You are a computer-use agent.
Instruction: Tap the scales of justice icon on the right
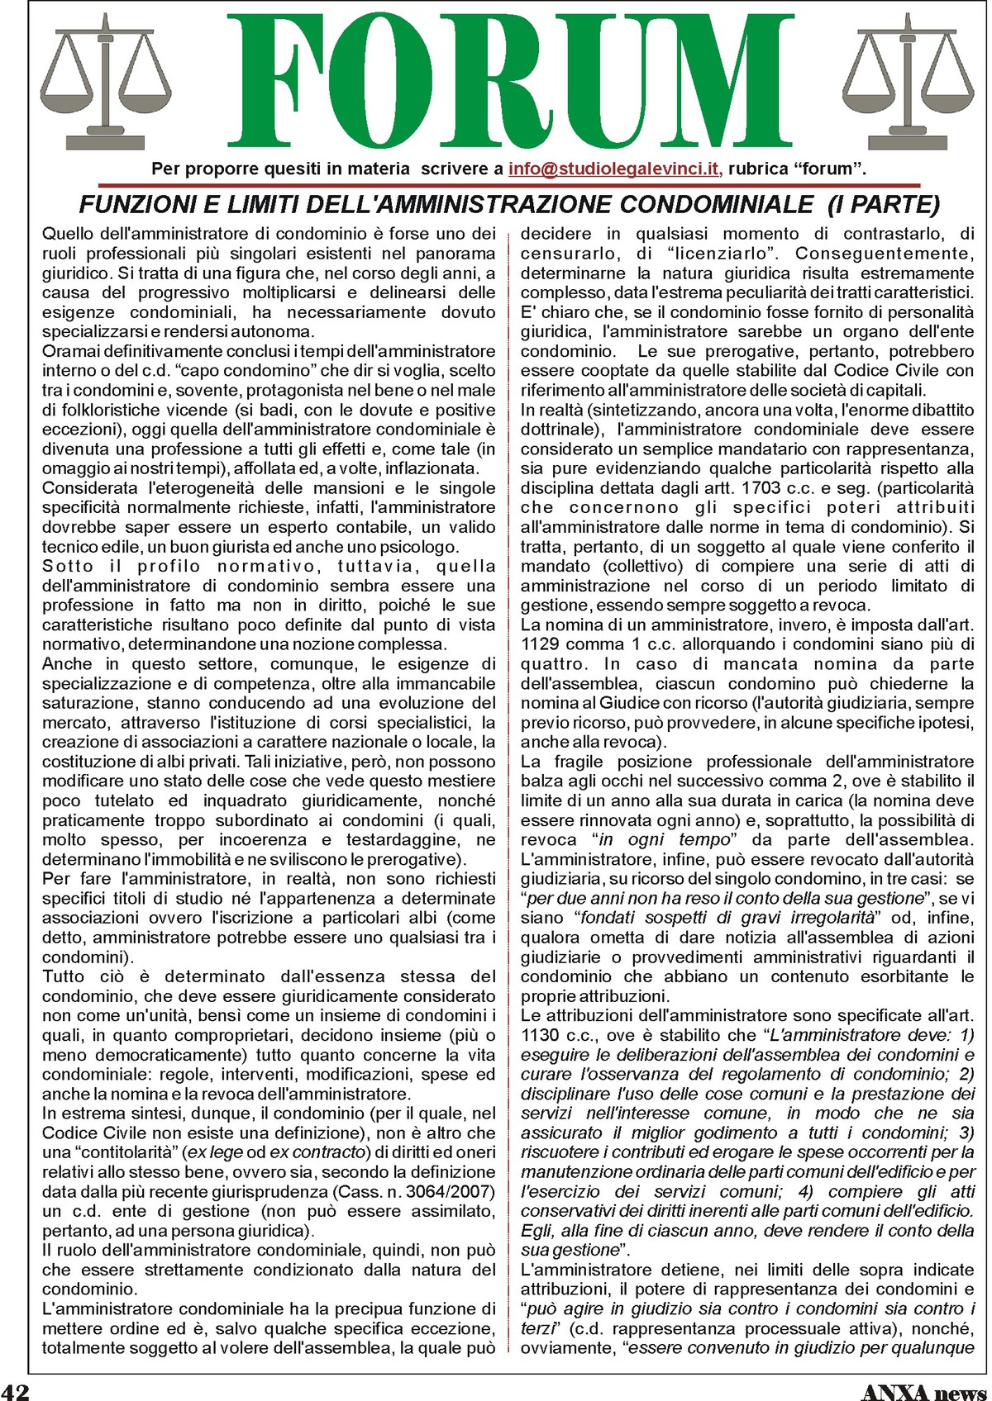[909, 83]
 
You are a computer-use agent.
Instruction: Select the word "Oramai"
[69, 351]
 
